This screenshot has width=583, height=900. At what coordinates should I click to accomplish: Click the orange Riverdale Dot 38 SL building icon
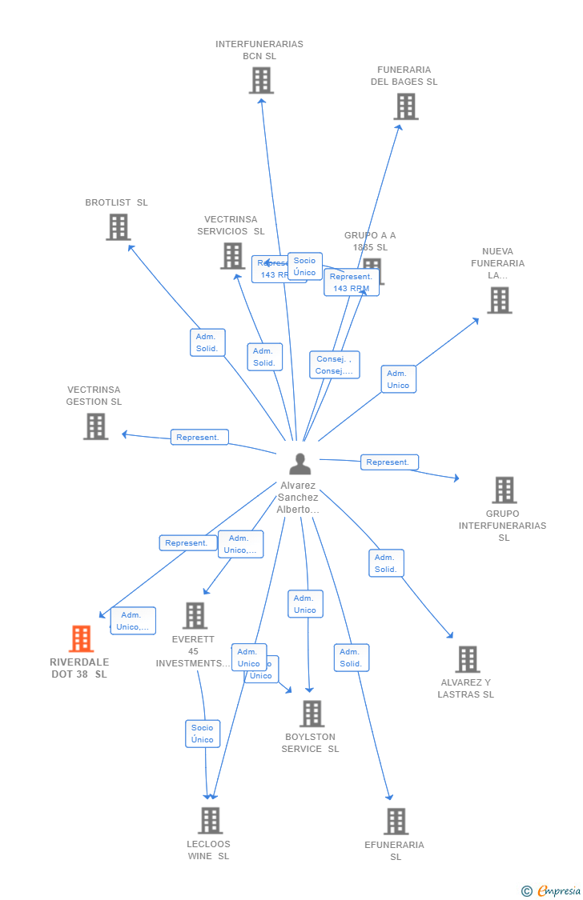(x=81, y=639)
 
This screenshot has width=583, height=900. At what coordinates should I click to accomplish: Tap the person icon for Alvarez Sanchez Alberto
(x=300, y=464)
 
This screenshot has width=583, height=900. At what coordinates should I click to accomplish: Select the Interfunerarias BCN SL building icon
(x=261, y=80)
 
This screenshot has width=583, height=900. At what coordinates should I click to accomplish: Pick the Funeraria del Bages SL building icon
(x=406, y=106)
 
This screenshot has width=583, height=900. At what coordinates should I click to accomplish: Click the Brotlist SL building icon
(x=119, y=227)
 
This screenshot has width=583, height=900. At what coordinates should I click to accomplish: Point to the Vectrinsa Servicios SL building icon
(x=232, y=256)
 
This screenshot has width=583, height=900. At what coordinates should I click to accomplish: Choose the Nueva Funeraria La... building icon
(x=499, y=300)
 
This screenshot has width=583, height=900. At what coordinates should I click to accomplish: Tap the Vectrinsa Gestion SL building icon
(x=95, y=426)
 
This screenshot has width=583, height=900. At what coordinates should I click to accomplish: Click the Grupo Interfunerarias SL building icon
(x=504, y=490)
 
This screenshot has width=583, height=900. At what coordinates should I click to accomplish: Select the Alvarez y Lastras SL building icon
(x=467, y=659)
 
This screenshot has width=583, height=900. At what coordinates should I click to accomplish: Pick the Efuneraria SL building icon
(x=396, y=822)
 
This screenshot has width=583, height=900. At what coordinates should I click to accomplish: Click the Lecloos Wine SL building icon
(x=210, y=820)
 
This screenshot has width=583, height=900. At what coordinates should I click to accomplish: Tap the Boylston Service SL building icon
(x=312, y=714)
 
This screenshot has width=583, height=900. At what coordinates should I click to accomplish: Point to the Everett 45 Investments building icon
(x=195, y=616)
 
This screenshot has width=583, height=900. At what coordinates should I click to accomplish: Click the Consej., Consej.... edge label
(x=335, y=365)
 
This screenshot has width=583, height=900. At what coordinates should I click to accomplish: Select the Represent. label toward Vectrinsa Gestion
(x=199, y=438)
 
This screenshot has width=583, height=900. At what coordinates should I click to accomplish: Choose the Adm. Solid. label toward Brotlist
(x=207, y=342)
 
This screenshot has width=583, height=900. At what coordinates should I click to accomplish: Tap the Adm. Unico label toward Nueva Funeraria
(x=398, y=379)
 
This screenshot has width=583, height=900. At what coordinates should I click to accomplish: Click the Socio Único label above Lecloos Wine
(x=203, y=734)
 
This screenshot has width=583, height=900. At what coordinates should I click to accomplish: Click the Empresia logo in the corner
(x=552, y=890)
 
